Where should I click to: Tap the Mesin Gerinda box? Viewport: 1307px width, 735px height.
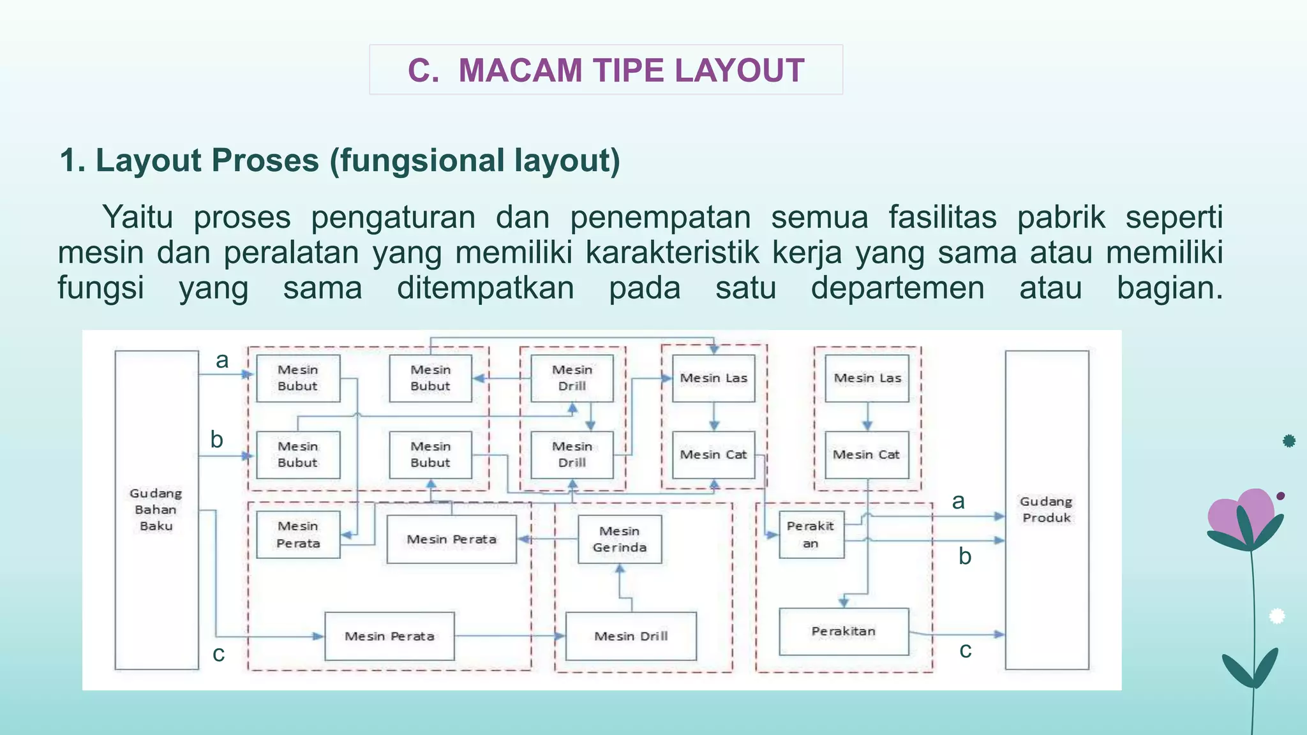point(620,539)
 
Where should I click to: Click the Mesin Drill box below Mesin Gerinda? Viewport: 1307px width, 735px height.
point(631,636)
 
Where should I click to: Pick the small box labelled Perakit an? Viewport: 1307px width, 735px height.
point(811,535)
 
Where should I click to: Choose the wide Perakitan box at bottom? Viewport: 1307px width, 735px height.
point(844,632)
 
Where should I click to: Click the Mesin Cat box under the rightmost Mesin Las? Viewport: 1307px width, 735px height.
point(867,455)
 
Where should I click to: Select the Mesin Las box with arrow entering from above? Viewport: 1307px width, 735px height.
point(713,378)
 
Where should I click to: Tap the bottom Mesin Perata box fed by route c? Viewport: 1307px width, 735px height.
point(389,636)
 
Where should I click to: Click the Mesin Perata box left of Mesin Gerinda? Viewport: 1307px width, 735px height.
point(452,539)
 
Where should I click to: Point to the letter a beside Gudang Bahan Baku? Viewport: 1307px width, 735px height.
point(222,360)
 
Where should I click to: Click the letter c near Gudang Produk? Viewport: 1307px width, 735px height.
point(966,650)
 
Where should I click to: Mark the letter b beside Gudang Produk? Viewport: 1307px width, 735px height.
point(965,556)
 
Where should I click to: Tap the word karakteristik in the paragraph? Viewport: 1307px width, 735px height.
point(672,252)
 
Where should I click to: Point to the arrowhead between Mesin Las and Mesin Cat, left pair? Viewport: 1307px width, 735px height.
point(714,426)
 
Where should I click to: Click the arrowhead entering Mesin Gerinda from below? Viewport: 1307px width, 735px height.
point(620,568)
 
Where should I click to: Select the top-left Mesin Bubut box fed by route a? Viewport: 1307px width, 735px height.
point(298,378)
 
